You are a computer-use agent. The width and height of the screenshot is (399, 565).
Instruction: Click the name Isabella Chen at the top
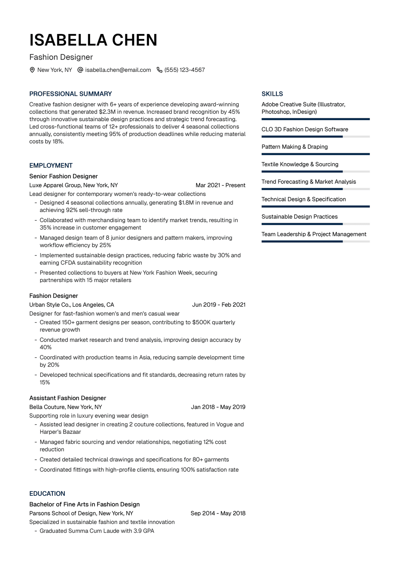[x=93, y=40]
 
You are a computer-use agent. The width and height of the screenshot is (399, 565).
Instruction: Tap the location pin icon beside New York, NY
[x=32, y=70]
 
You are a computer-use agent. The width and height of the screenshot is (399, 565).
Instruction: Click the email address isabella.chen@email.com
[x=118, y=70]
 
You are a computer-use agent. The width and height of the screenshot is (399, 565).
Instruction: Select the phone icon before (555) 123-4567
[x=160, y=70]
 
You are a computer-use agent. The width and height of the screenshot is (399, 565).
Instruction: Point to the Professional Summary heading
[x=70, y=94]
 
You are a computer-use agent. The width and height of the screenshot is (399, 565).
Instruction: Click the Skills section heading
[x=272, y=94]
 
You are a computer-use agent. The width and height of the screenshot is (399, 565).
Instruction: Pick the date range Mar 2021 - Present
[x=220, y=185]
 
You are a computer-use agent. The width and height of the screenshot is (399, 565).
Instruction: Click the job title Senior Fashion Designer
[x=64, y=176]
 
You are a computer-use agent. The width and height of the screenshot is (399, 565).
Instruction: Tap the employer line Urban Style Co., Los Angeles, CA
[x=71, y=305]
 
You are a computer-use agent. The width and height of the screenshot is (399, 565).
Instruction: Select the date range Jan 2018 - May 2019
[x=218, y=407]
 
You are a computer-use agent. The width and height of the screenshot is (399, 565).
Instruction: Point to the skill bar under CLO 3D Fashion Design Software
[x=315, y=137]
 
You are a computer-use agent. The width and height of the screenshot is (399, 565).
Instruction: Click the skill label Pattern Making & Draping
[x=295, y=147]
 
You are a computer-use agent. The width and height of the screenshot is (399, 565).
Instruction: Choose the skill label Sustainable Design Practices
[x=300, y=217]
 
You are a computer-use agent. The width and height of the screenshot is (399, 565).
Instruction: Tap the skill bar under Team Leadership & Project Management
[x=315, y=241]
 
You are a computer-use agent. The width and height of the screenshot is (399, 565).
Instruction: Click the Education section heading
[x=47, y=494]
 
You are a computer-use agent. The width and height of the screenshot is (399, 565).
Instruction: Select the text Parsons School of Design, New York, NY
[x=81, y=513]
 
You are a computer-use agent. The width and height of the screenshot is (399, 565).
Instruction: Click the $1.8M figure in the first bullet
[x=186, y=203]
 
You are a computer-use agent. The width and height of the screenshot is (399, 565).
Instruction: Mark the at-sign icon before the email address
[x=80, y=70]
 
